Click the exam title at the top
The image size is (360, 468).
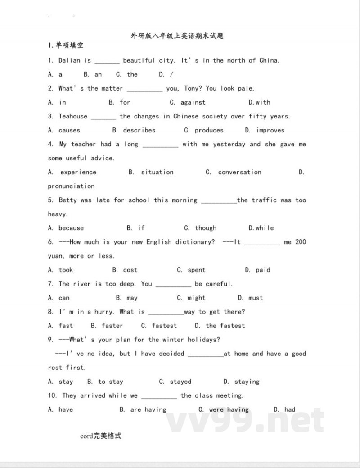[177, 36]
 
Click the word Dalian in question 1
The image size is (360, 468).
[69, 60]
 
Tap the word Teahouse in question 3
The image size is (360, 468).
[73, 116]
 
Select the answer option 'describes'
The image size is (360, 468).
[139, 131]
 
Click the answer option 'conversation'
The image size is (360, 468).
[239, 173]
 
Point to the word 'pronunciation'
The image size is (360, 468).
[71, 186]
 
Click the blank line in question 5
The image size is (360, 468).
[219, 201]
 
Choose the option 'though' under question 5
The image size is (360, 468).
[205, 228]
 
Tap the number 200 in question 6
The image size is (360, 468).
[301, 242]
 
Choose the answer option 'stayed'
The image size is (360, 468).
[180, 382]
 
